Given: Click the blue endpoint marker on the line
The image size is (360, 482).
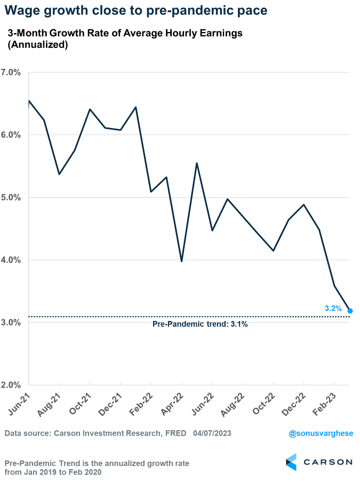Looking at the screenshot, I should [350, 311].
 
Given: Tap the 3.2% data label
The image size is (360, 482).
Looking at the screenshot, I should [333, 308].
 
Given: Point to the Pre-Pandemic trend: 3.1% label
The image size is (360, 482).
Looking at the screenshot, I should [200, 324].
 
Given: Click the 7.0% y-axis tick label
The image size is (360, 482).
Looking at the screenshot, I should [11, 73].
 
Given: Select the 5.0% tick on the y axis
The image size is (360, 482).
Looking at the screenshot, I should [11, 197].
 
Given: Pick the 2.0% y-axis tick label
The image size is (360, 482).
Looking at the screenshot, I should [11, 385].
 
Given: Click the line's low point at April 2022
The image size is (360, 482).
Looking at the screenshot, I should [181, 261].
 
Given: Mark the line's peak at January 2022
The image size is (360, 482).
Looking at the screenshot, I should [136, 107].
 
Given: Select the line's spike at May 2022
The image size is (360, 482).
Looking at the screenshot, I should [197, 163].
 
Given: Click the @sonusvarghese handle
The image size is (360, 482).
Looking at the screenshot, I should [321, 433].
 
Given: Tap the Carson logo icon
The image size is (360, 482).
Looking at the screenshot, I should [291, 462].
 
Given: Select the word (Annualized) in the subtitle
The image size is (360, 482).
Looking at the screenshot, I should [37, 45].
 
